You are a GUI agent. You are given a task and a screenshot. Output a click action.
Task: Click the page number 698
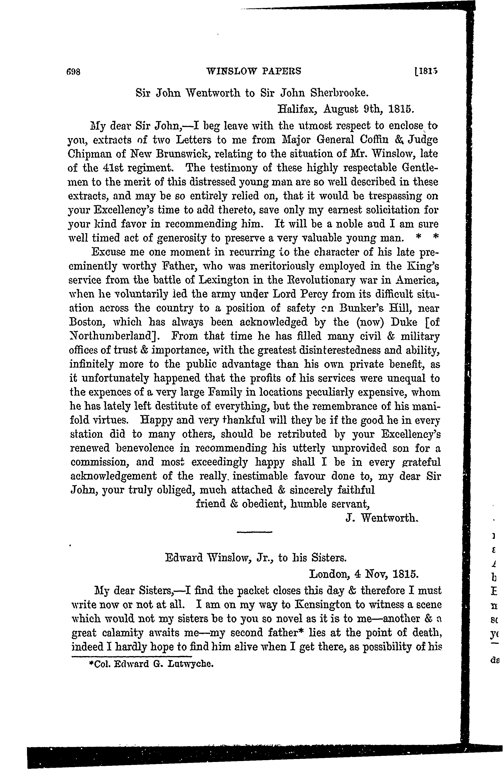tap(74, 71)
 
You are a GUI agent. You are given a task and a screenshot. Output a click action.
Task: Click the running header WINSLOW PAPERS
tap(253, 71)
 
